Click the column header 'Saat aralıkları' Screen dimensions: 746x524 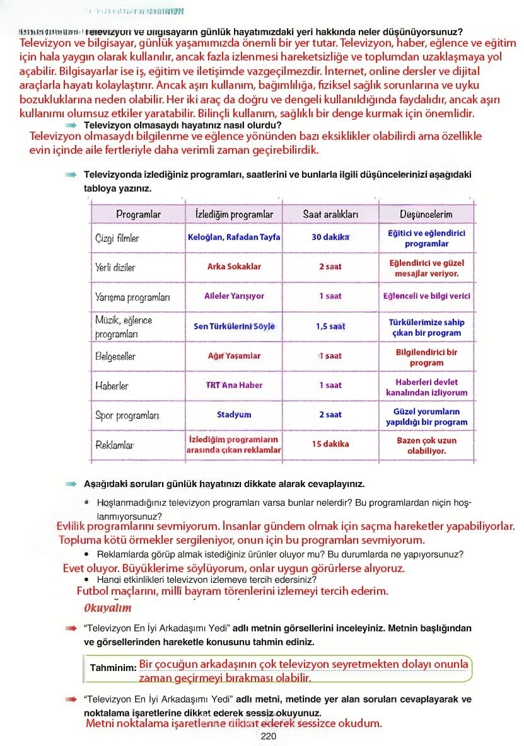[x=330, y=214]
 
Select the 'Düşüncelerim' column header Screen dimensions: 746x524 [x=426, y=214]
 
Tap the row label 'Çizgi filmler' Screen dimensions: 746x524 [x=117, y=238]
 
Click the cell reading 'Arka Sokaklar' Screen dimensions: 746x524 [x=234, y=267]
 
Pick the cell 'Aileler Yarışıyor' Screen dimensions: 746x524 [x=234, y=296]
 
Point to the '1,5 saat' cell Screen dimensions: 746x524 [x=330, y=326]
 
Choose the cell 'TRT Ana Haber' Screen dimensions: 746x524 [x=234, y=385]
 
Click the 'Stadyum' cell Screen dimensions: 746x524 [x=234, y=415]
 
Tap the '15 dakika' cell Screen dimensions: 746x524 [x=330, y=444]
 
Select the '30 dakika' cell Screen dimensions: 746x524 [x=330, y=238]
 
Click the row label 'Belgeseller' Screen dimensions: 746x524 [x=115, y=357]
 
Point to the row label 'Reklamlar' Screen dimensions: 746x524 [x=115, y=445]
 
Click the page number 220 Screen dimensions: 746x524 [x=269, y=737]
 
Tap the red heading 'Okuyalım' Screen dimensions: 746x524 [x=108, y=608]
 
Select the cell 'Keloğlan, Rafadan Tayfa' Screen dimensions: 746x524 [x=234, y=238]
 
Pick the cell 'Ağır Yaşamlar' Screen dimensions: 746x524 [x=234, y=356]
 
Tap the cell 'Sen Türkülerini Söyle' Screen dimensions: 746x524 [x=234, y=326]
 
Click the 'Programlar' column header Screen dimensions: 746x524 [x=138, y=214]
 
